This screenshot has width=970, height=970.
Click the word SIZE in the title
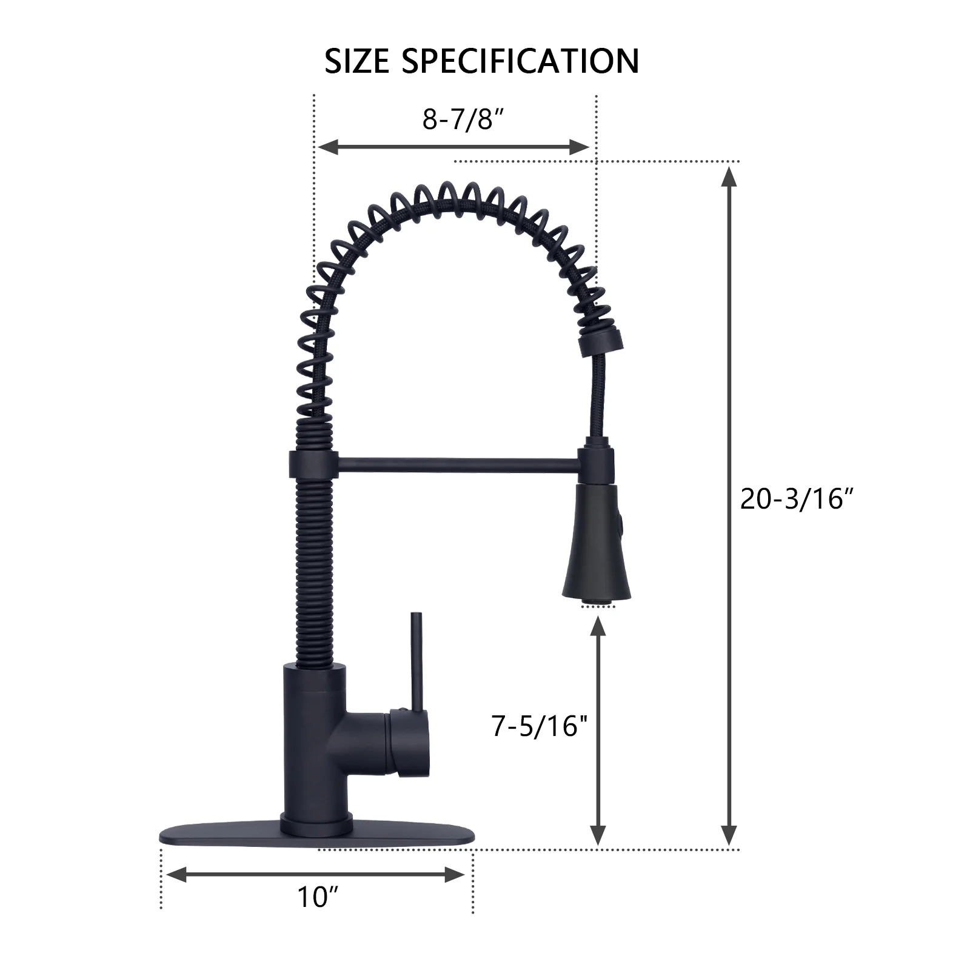pos(356,61)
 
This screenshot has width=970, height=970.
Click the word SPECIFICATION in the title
pos(520,61)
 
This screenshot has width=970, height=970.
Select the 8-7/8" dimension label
pos(464,119)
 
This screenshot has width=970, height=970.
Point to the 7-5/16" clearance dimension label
pos(540,726)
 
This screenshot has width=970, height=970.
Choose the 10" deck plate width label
pos(317,897)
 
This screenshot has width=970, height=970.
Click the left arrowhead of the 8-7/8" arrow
pos(327,147)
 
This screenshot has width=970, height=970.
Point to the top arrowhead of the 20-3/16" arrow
pos(730,177)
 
